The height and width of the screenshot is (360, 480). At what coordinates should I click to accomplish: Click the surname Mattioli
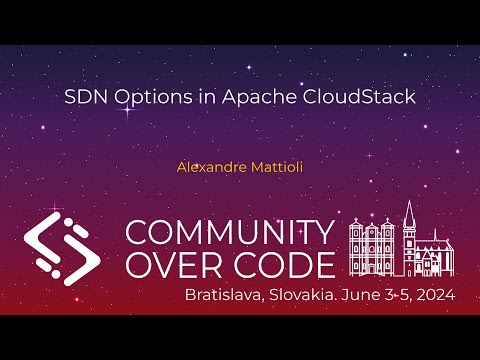coord(275,167)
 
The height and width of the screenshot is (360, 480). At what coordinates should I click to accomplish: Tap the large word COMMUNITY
coord(230,232)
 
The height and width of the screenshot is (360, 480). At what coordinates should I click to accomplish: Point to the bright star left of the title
coord(127,112)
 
